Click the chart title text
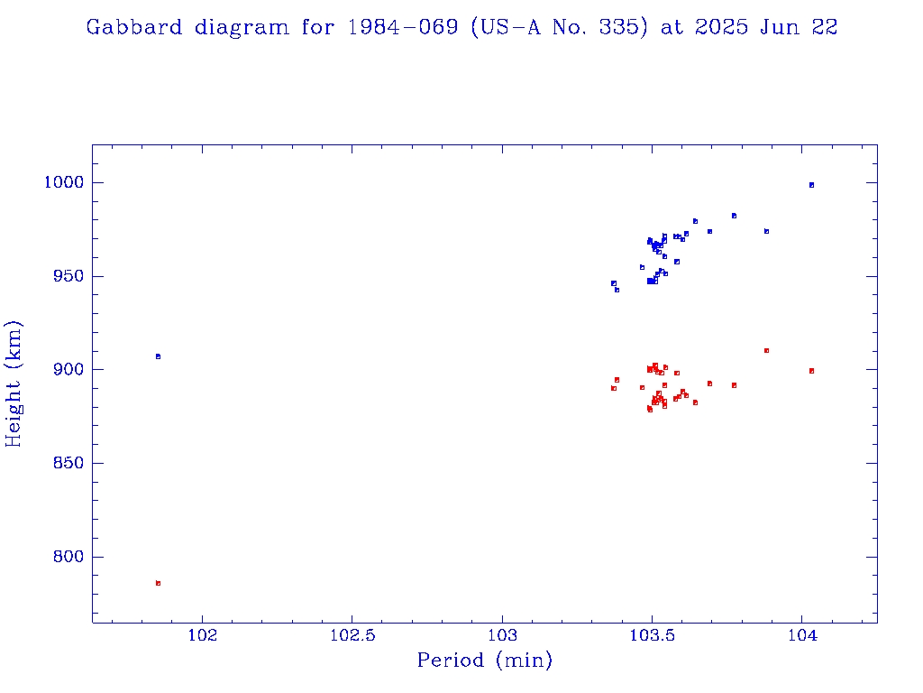point(461,27)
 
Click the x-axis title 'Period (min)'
point(484,661)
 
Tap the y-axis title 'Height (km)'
point(14,383)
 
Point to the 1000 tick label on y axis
point(63,182)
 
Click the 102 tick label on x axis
point(203,635)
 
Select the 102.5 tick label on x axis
point(352,635)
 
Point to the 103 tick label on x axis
point(502,635)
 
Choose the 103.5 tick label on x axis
point(652,635)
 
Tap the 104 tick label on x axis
point(802,635)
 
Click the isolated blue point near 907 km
point(158,356)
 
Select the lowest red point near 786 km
point(158,583)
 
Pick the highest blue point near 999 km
point(811,185)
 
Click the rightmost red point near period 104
point(811,371)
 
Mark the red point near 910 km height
point(766,350)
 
